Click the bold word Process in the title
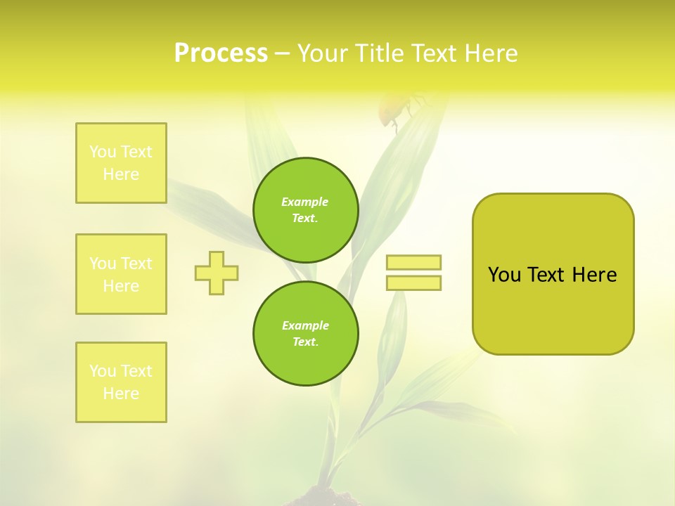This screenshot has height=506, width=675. [x=221, y=53]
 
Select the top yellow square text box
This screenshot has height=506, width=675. [x=121, y=163]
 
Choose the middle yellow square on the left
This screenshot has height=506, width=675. [x=121, y=274]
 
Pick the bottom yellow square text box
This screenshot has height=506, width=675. [x=121, y=382]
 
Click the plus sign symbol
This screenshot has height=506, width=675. [x=217, y=273]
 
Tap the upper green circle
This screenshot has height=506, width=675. [x=305, y=209]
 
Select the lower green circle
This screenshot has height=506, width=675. [x=305, y=333]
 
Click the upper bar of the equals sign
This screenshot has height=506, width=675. [x=413, y=262]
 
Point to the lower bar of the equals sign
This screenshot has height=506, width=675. [x=413, y=283]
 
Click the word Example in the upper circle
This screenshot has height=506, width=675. [x=305, y=202]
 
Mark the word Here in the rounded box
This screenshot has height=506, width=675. [x=594, y=275]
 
